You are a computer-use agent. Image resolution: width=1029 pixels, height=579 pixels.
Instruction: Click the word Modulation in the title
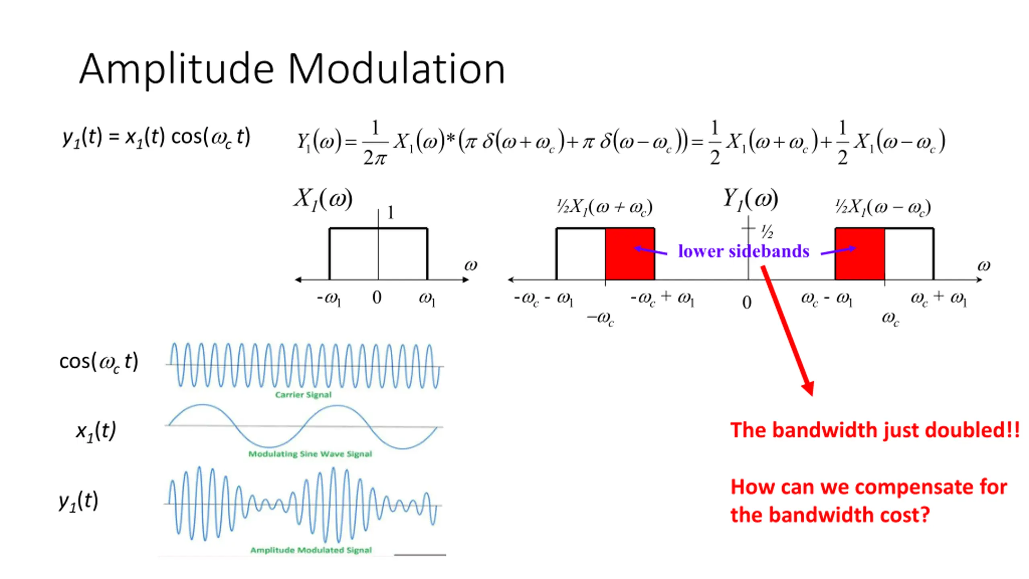pyautogui.click(x=396, y=69)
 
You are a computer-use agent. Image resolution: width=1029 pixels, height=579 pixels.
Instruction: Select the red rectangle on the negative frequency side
pyautogui.click(x=630, y=254)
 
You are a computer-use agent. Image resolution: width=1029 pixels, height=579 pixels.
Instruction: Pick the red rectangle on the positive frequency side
pyautogui.click(x=860, y=254)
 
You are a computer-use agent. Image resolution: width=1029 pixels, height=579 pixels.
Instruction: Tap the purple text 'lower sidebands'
pyautogui.click(x=744, y=251)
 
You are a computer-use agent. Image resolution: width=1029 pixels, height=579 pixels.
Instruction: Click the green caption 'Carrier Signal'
pyautogui.click(x=303, y=394)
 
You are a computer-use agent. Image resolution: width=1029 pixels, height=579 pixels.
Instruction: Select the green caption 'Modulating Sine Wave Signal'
pyautogui.click(x=310, y=454)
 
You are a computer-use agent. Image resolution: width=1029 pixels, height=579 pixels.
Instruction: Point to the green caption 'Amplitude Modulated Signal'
pyautogui.click(x=311, y=550)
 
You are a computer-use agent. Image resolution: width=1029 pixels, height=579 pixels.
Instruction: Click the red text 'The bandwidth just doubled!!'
pyautogui.click(x=875, y=430)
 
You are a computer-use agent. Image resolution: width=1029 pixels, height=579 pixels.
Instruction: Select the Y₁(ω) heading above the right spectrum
pyautogui.click(x=750, y=199)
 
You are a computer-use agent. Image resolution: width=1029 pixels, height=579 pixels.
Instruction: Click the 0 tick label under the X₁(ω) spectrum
pyautogui.click(x=377, y=298)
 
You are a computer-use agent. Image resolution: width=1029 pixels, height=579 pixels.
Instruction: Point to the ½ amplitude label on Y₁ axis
pyautogui.click(x=767, y=232)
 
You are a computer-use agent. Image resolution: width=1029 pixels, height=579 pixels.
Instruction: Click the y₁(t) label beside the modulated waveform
pyautogui.click(x=78, y=501)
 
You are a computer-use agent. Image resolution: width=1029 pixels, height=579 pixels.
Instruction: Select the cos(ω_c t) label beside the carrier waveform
pyautogui.click(x=99, y=361)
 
